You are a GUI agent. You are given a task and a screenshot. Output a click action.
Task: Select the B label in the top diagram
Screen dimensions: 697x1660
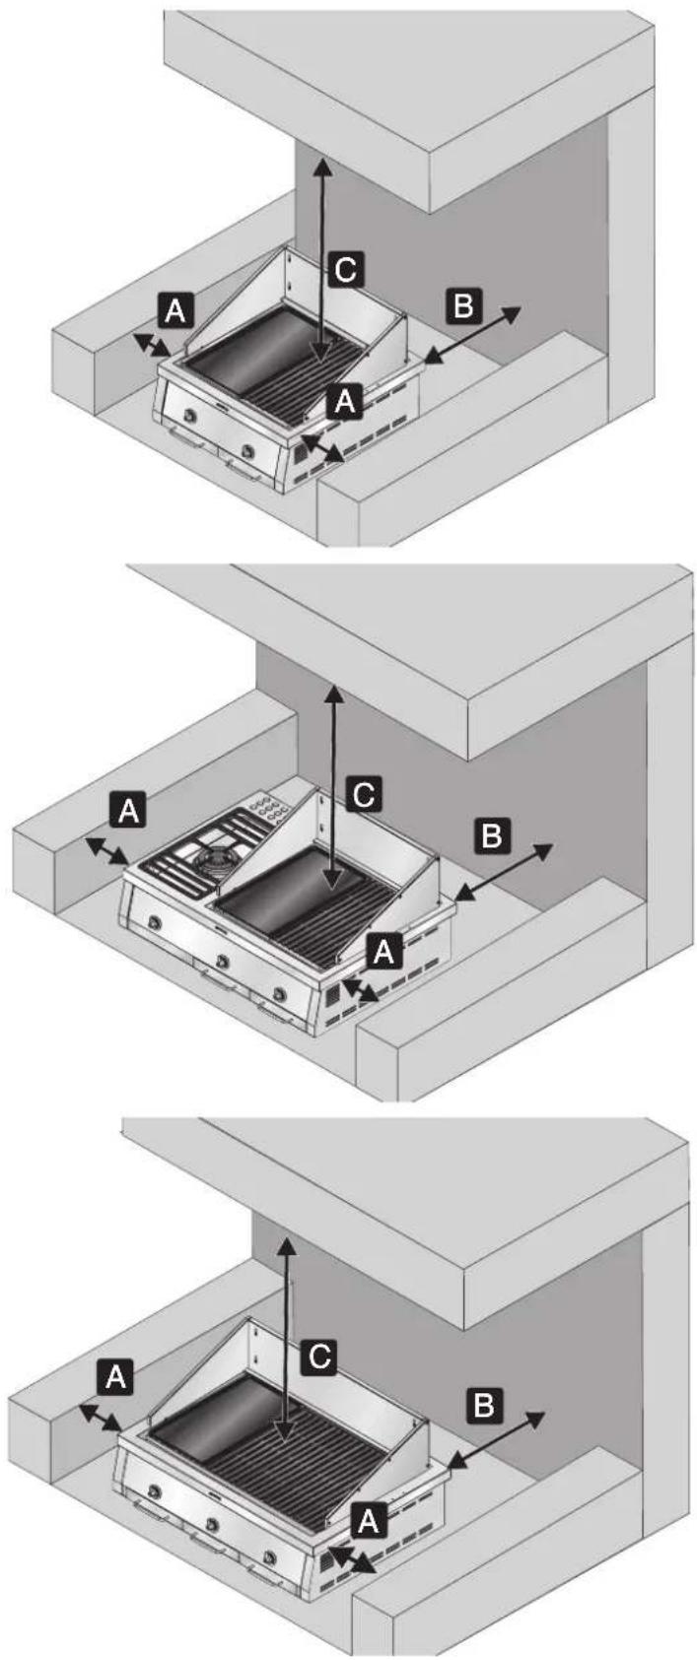(x=463, y=305)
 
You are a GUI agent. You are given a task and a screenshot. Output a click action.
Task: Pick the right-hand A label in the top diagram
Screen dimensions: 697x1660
(x=344, y=401)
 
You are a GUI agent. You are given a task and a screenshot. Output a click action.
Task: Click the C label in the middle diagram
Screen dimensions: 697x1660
(x=363, y=795)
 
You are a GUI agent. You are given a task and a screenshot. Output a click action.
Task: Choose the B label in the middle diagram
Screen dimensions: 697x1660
(x=491, y=835)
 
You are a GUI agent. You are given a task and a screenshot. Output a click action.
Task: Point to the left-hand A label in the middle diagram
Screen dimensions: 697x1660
(x=128, y=811)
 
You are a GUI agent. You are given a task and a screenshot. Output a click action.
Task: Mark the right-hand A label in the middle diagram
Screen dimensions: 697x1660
(x=383, y=951)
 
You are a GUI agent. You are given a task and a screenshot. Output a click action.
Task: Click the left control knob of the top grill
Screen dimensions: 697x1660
(x=193, y=417)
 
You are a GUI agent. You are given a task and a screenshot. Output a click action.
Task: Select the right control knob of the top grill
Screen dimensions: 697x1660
(x=248, y=450)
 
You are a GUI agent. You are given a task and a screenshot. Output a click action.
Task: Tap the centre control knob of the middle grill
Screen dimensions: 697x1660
(x=221, y=961)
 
